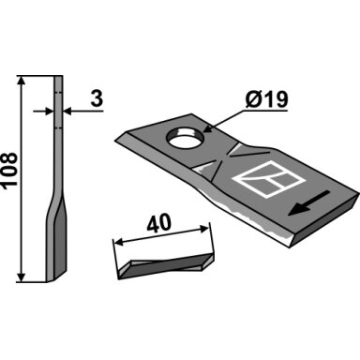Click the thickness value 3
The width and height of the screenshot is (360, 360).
97,98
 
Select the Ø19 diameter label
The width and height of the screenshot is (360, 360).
266,99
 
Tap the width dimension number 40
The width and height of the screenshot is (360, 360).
158,223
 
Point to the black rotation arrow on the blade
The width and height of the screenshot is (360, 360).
308,203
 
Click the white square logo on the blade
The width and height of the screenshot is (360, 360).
269,179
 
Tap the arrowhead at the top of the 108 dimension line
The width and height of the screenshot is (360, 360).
22,81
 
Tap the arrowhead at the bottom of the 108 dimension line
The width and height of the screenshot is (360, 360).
22,277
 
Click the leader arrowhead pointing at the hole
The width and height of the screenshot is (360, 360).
207,128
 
